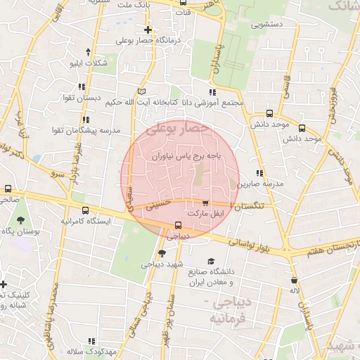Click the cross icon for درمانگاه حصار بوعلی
pyautogui.click(x=148, y=30)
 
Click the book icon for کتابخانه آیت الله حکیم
pyautogui.click(x=142, y=91)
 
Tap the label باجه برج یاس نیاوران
pyautogui.click(x=187, y=157)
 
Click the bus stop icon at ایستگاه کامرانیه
pyautogui.click(x=86, y=210)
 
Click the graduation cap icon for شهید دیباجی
pyautogui.click(x=162, y=253)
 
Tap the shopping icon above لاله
pyautogui.click(x=293, y=279)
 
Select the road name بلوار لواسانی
pyautogui.click(x=252, y=245)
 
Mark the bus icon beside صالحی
pyautogui.click(x=8, y=188)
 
